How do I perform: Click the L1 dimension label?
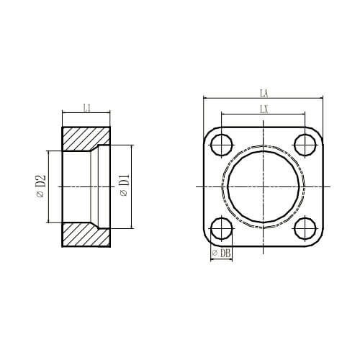coord(86,108)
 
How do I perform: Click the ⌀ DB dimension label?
coord(221,253)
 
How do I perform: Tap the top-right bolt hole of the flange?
coord(306,146)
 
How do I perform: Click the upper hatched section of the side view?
coord(85,138)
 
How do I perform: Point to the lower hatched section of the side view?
coord(85,235)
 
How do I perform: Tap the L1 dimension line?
coord(86,113)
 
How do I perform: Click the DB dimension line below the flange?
coord(222,258)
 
